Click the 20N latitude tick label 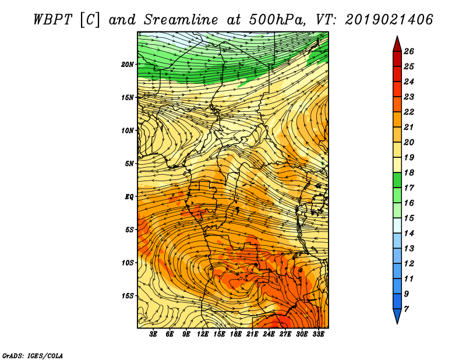tap(128, 64)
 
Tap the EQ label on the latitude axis tap(129, 197)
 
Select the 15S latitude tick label tap(128, 296)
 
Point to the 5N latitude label tap(129, 164)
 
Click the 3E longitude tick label tap(153, 334)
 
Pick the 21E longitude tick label tap(252, 334)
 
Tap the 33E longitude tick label tap(318, 334)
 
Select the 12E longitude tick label tap(202, 334)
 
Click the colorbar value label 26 tap(409, 51)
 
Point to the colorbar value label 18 tap(409, 172)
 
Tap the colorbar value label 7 tap(406, 309)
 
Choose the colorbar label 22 tap(409, 112)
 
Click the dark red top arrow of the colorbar tap(397, 45)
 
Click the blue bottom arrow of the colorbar tap(397, 315)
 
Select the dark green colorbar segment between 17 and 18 tap(397, 180)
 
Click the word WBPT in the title tap(52, 20)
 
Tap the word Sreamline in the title tap(181, 20)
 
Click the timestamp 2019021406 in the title tap(389, 20)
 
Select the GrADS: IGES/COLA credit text tap(33, 355)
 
